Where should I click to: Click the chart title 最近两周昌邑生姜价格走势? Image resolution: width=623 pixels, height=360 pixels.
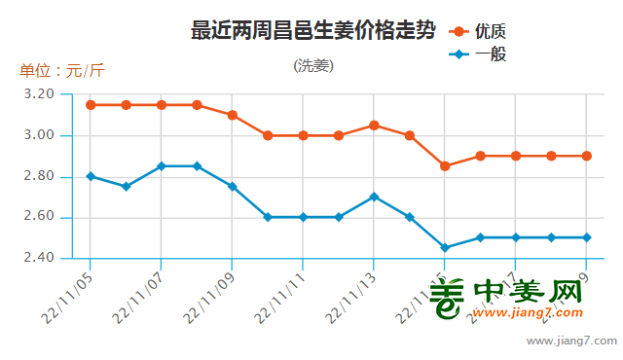tap(312, 30)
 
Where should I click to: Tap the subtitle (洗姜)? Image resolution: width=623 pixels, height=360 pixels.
tap(313, 66)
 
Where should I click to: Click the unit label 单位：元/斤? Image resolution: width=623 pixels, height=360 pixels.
tap(61, 71)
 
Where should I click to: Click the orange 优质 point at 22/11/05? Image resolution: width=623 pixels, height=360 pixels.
tap(91, 104)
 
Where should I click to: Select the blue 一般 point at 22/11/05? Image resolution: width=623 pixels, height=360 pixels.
tap(91, 176)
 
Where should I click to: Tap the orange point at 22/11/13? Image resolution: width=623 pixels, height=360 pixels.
tap(374, 125)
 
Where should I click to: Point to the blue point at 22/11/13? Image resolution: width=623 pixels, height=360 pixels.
tap(374, 197)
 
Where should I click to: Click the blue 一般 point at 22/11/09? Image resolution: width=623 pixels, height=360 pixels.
tap(232, 186)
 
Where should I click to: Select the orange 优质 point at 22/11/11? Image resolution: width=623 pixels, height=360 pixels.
tap(303, 135)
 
